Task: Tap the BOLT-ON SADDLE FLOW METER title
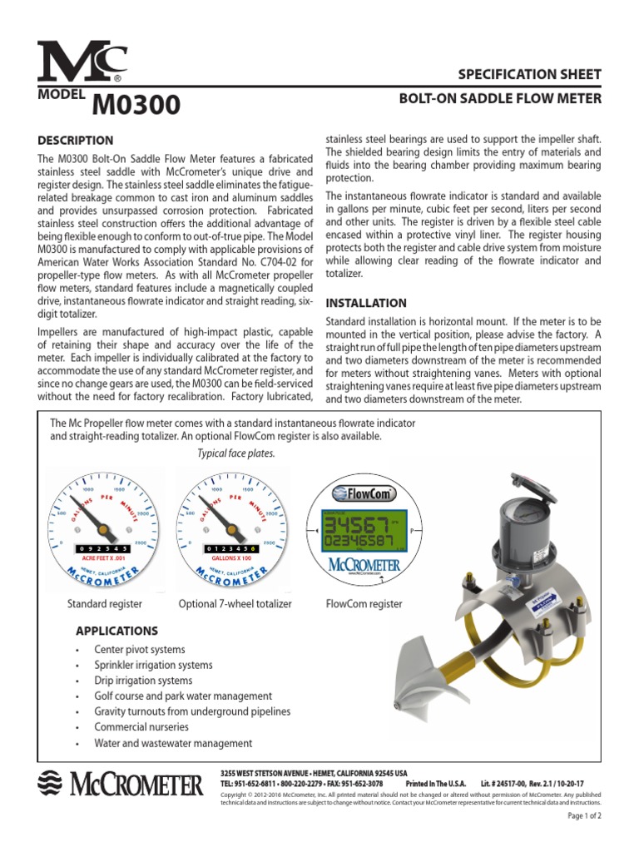point(501,100)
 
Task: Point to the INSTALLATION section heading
point(366,303)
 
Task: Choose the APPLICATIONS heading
point(116,631)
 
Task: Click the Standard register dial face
point(99,525)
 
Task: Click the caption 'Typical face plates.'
point(235,453)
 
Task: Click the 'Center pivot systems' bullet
point(140,649)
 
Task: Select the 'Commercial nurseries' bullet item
point(141,727)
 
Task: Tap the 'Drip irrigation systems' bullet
point(143,681)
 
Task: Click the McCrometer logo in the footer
point(121,785)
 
